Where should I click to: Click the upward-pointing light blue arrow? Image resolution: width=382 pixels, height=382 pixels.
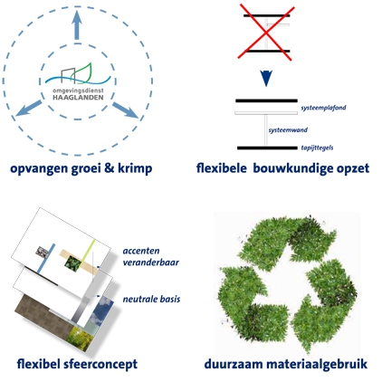(x=77, y=25)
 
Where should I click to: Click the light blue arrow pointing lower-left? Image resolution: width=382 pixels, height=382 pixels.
(x=29, y=108)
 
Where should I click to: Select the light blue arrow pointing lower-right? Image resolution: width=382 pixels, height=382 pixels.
(x=126, y=110)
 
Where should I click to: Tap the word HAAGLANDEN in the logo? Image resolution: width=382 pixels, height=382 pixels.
(x=78, y=98)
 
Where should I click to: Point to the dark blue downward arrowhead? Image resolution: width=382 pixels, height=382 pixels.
(x=266, y=78)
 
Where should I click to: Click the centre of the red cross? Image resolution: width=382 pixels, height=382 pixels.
(x=266, y=33)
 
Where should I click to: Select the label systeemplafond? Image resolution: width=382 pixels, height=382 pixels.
(x=323, y=108)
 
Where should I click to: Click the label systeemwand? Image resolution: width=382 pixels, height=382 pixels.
(x=288, y=130)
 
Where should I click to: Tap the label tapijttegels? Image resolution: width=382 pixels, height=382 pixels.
(x=317, y=148)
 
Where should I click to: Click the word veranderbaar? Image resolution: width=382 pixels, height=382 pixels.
(x=151, y=263)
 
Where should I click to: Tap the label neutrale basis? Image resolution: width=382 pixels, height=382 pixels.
(x=151, y=299)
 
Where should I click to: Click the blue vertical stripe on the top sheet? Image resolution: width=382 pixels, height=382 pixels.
(x=46, y=259)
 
